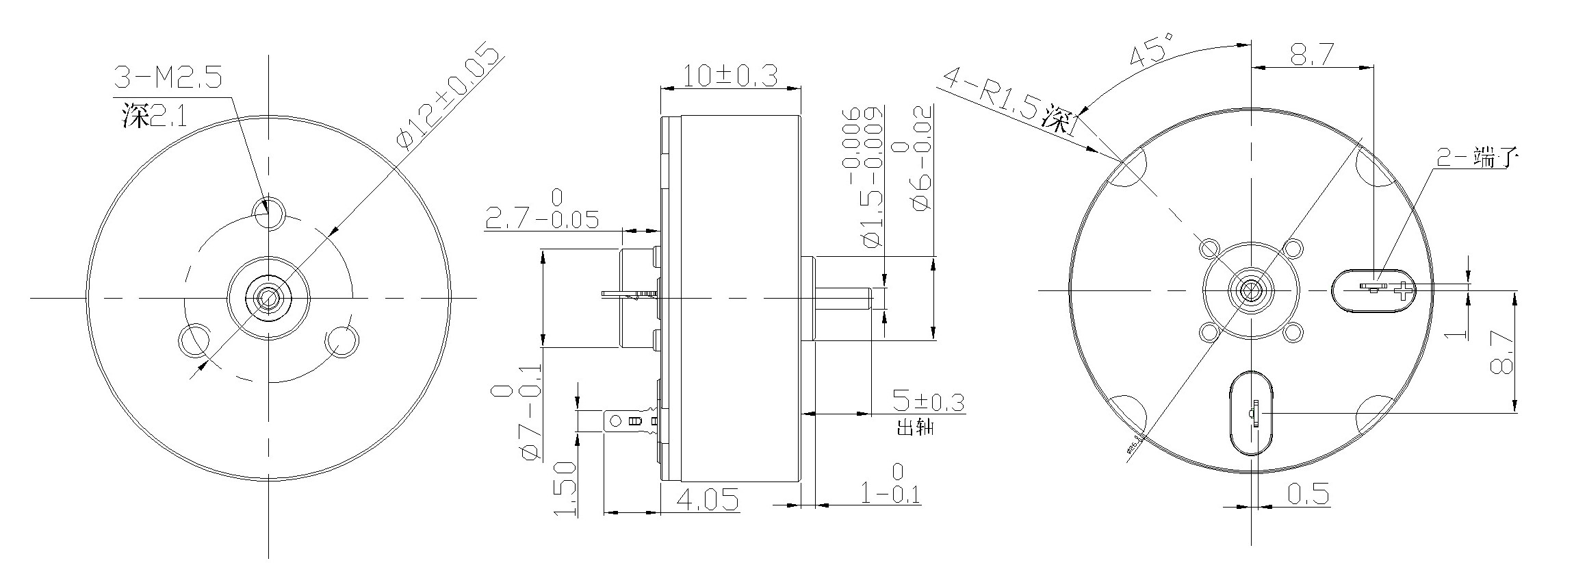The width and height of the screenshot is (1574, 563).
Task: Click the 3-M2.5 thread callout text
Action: [x=168, y=79]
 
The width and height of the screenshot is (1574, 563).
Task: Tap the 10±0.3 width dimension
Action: [x=730, y=75]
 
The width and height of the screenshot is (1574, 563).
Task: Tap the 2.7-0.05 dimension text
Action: [x=541, y=219]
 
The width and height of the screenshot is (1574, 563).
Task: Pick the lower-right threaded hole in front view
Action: [x=341, y=340]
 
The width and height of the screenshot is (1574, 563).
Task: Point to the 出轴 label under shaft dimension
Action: [x=915, y=429]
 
